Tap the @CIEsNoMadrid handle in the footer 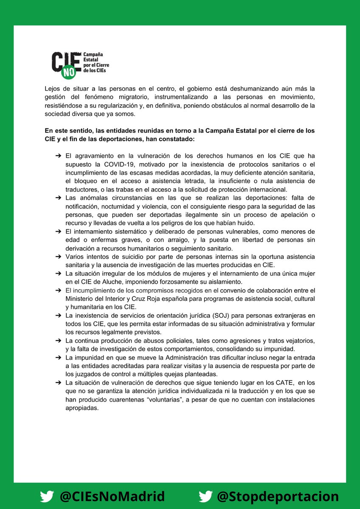tap(112, 496)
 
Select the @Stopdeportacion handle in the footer tap(278, 496)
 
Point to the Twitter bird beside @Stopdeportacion tap(206, 496)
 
